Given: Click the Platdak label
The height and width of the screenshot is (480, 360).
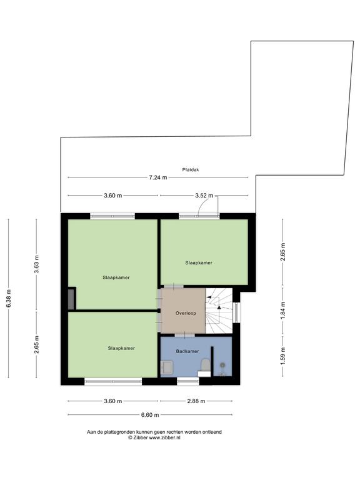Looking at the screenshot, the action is tap(191, 169).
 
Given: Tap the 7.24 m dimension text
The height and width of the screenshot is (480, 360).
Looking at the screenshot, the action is tap(158, 177).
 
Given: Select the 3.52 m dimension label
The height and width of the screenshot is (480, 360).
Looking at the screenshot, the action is tap(204, 195).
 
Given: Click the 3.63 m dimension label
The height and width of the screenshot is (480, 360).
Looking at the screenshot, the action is tap(36, 264).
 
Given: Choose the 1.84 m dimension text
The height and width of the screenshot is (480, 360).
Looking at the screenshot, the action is tap(282, 311).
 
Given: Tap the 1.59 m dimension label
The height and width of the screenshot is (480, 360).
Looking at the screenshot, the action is tap(282, 356).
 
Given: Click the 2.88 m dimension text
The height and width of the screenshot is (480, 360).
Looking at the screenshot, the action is tap(196, 401).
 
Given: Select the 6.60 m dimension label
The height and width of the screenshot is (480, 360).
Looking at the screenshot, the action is tap(150, 415).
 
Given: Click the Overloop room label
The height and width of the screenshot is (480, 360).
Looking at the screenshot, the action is tap(186, 313).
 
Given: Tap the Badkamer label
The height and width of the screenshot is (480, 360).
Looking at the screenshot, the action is tap(187, 351).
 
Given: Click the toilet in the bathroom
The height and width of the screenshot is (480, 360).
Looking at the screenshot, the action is tap(205, 366).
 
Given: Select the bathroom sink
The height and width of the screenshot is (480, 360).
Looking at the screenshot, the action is tap(167, 367).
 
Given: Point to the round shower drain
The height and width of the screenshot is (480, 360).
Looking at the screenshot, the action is tap(222, 364).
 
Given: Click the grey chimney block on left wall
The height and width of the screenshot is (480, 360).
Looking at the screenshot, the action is tap(72, 299).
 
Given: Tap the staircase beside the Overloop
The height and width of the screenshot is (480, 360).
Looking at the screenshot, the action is tap(219, 311).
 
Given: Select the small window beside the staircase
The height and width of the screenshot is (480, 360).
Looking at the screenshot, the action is tap(236, 312).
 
